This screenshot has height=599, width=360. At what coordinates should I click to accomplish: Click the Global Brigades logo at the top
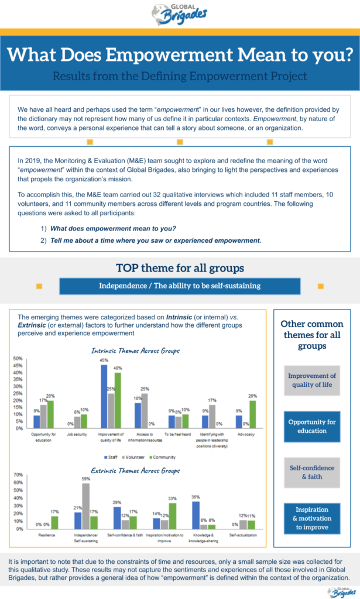179,13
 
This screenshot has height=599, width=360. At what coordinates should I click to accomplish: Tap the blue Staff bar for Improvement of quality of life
104,396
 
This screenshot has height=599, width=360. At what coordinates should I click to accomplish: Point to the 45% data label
104,360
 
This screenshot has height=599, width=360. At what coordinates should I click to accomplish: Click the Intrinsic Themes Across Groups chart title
135,351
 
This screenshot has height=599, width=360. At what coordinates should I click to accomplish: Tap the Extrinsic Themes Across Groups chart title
135,470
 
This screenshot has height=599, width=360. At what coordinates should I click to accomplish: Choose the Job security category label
77,435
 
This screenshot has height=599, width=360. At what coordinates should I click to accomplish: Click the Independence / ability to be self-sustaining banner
180,286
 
